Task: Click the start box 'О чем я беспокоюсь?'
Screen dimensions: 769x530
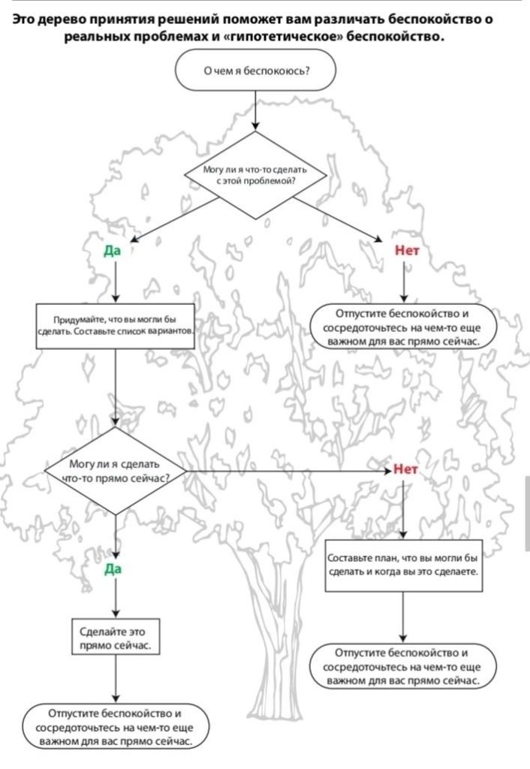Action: point(254,72)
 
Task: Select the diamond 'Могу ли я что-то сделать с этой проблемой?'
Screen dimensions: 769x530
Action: point(255,176)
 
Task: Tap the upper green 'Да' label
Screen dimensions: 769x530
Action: point(113,251)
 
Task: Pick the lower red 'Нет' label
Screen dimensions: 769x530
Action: point(405,470)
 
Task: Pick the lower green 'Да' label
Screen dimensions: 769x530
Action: point(113,569)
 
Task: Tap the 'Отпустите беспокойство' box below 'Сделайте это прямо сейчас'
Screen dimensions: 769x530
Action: point(116,726)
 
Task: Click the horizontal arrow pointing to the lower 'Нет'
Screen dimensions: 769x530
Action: point(285,472)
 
